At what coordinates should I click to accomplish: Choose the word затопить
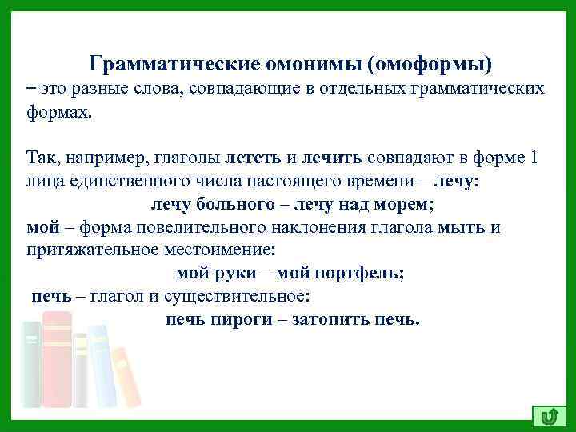click(x=328, y=319)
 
